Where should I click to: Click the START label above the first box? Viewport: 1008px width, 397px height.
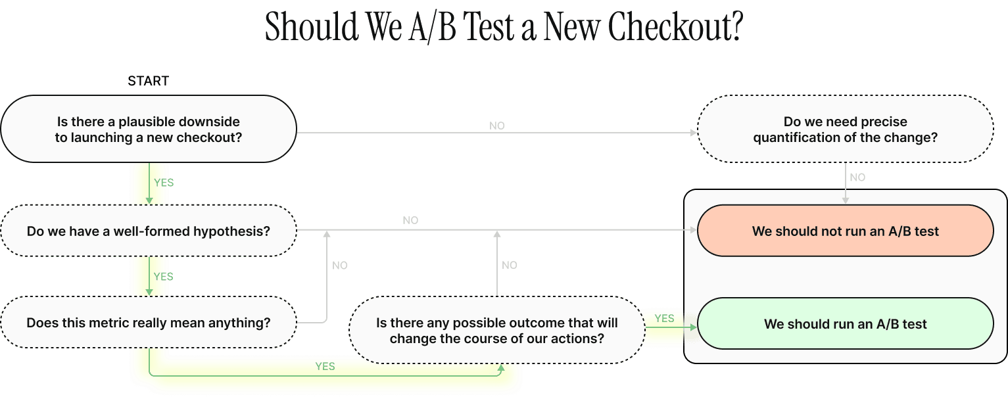coord(148,81)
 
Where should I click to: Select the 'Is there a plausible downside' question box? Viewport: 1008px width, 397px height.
coord(148,129)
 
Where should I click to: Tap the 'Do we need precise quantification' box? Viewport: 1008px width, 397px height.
coord(845,129)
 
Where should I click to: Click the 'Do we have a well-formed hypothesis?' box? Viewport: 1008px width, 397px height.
coord(148,231)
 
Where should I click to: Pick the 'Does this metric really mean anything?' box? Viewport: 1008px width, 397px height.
coord(148,323)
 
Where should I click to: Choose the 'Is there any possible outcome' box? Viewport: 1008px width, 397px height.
coord(496,331)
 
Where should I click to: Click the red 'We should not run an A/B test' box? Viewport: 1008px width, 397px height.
coord(845,231)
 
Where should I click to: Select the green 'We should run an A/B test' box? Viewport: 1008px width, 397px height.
coord(845,324)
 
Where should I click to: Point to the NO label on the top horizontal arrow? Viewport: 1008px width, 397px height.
coord(497,126)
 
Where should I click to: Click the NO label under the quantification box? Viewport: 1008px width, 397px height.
coord(857,177)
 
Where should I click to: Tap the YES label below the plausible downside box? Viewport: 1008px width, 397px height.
coord(163,183)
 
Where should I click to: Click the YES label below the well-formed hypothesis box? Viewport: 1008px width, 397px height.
coord(163,277)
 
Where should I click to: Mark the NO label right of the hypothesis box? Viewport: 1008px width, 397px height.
coord(410,221)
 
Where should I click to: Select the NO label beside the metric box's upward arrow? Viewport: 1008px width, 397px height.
coord(340,266)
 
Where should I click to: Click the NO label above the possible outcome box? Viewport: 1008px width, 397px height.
coord(510,266)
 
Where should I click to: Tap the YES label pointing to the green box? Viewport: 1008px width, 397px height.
coord(664,318)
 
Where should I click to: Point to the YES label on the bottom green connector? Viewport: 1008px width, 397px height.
coord(325,366)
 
